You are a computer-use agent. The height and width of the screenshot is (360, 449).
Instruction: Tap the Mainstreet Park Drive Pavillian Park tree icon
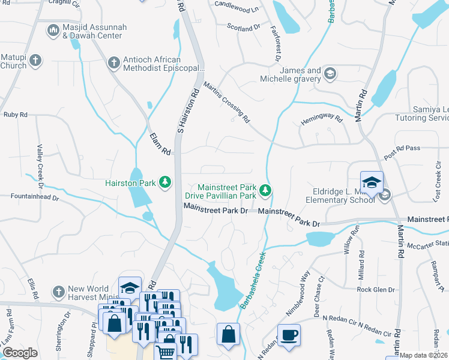[265, 191]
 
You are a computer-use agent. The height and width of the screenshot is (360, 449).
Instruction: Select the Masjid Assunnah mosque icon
[53, 29]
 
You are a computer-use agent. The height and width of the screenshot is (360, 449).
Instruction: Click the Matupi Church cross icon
[35, 60]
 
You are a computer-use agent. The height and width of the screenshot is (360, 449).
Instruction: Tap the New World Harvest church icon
[58, 292]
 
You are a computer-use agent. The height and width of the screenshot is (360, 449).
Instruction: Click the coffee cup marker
[289, 335]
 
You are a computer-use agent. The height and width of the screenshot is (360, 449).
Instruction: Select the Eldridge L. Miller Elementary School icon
[384, 194]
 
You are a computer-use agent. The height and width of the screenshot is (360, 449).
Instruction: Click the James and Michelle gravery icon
[329, 74]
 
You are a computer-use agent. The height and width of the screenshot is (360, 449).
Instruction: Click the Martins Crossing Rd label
[226, 102]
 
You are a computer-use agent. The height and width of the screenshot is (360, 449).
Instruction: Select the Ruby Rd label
[16, 114]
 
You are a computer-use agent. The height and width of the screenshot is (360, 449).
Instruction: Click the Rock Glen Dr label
[376, 290]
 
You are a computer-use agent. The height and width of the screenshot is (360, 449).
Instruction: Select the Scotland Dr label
[244, 28]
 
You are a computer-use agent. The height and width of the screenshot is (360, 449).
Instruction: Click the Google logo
[20, 353]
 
